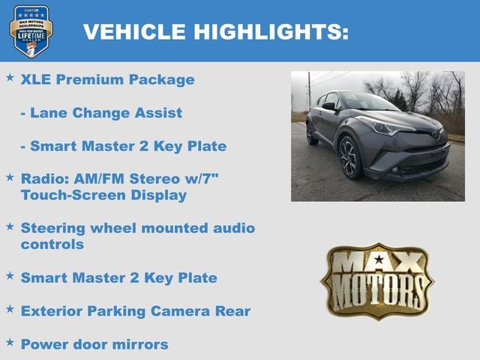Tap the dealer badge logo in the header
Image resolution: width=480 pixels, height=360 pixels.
pyautogui.click(x=31, y=31)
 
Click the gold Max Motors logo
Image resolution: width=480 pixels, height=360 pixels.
pyautogui.click(x=378, y=280)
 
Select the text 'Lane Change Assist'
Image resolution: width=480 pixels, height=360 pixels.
pyautogui.click(x=106, y=112)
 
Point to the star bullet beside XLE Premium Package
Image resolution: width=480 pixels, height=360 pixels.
pyautogui.click(x=10, y=77)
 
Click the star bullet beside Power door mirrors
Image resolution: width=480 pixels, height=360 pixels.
pyautogui.click(x=10, y=341)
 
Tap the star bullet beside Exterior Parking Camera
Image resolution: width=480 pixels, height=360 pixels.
pyautogui.click(x=10, y=308)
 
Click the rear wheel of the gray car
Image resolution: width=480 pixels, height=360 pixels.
pyautogui.click(x=312, y=133)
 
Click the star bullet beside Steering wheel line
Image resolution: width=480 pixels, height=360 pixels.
pyautogui.click(x=10, y=226)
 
